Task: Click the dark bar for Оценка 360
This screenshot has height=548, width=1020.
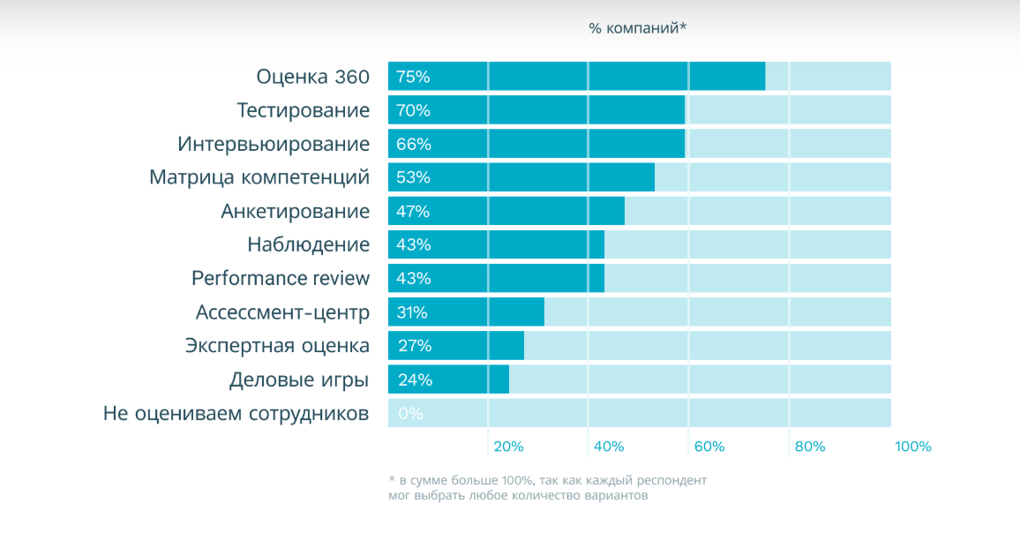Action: coord(576,77)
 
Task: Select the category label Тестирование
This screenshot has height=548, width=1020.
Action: coord(303,110)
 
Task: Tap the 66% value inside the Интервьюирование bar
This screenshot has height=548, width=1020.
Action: coord(413,144)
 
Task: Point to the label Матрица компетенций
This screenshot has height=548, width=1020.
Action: coord(259,177)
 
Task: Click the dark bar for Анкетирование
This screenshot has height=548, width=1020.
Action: coord(506,211)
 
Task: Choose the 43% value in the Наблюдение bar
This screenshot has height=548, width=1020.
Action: coord(413,244)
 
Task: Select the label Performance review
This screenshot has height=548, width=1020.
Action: coord(281,278)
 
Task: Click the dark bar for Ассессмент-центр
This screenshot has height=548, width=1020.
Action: coord(466,312)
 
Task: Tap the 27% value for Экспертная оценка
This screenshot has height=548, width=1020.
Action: coord(413,346)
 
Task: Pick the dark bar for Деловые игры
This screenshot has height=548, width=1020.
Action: coord(448,379)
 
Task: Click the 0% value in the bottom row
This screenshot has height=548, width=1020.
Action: coord(410,413)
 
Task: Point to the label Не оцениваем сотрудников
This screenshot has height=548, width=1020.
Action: coord(236,413)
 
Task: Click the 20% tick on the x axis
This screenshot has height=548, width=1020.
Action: coord(508,447)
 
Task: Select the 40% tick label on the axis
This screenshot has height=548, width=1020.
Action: coord(609,447)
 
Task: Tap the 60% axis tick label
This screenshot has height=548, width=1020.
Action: coord(709,447)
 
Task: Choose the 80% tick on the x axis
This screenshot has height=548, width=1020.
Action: coord(810,447)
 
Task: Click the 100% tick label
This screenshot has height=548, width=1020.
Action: coord(913,447)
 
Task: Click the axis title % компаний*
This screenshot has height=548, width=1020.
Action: coord(637,28)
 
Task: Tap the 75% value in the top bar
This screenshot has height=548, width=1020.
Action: coord(413,77)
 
